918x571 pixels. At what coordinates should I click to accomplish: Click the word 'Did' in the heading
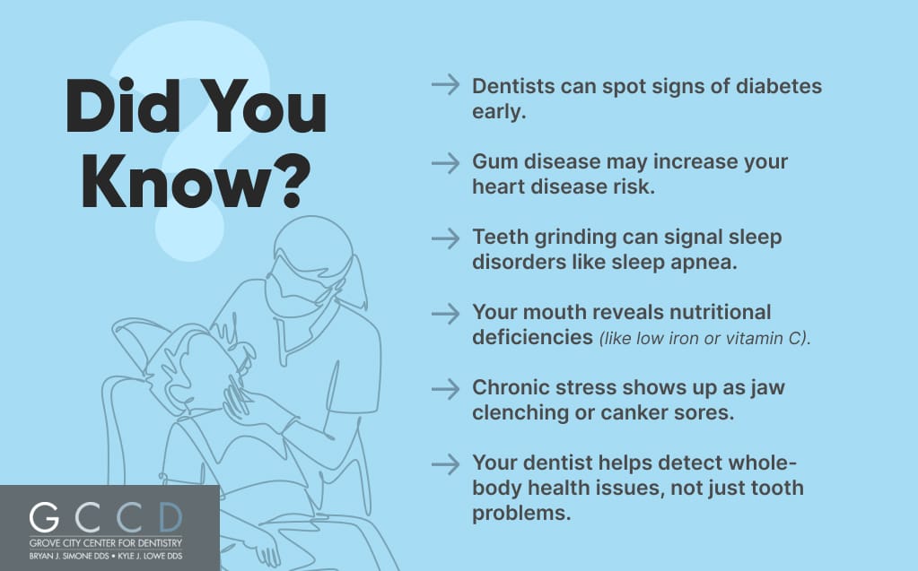123,106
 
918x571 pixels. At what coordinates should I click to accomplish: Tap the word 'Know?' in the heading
196,181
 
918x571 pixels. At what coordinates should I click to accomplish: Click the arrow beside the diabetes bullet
445,85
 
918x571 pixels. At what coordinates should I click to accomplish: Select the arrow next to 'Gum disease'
445,162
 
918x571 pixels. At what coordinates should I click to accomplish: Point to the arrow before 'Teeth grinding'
445,238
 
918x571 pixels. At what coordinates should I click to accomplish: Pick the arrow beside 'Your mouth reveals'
445,314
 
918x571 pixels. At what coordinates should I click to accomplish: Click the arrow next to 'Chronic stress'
445,389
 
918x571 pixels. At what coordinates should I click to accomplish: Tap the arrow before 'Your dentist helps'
445,464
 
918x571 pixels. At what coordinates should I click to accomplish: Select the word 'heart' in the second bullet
499,186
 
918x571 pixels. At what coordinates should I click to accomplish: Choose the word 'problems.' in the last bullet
521,513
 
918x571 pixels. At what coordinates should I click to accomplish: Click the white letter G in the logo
45,517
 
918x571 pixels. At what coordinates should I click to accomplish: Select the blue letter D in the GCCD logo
170,517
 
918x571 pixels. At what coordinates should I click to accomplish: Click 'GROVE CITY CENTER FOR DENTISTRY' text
105,543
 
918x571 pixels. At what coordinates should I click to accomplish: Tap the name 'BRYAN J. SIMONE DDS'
69,556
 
